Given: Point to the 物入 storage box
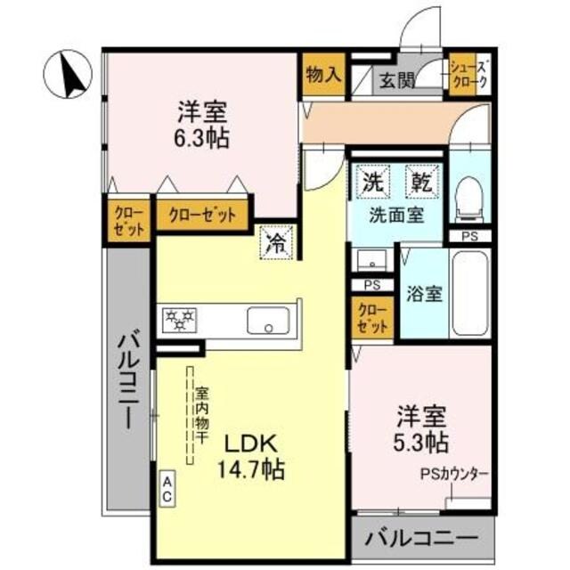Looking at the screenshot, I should pos(322,74).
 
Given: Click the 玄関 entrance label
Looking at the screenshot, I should pos(398,80).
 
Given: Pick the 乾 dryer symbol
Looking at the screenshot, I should pos(421,183).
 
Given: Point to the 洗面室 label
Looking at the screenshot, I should pos(396,214).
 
